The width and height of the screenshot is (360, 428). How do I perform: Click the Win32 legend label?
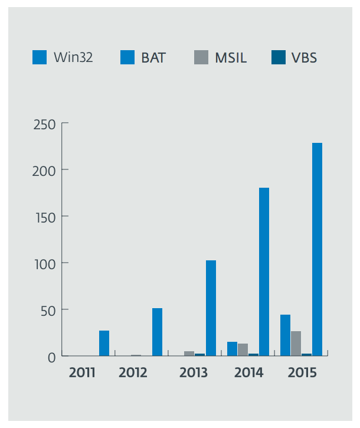point(73,57)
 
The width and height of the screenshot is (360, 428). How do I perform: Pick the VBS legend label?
point(304,57)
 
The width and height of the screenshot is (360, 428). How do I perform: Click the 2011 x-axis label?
point(82,373)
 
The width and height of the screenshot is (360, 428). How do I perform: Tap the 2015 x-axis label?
point(302,373)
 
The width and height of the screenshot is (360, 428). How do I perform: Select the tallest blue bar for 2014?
point(264,272)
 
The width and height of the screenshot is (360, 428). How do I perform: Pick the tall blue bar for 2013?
point(211,308)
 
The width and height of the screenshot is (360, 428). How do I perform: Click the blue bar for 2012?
point(157,332)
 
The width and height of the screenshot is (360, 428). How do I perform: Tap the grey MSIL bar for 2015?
point(296,344)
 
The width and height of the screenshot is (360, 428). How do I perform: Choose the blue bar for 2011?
point(104,343)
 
